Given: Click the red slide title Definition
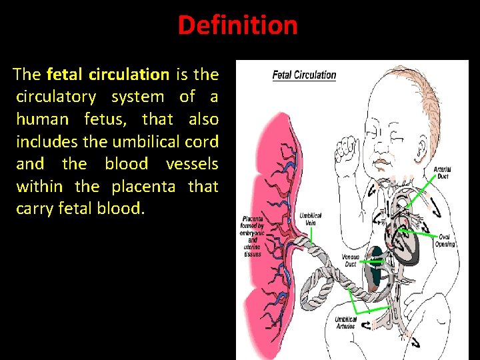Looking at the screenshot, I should tap(237, 25).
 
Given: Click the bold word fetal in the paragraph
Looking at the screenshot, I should tap(65, 74).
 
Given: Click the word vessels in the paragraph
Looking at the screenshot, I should tap(192, 164).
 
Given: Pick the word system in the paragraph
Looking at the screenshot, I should tap(137, 97).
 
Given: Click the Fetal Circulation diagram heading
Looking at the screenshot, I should tap(304, 75).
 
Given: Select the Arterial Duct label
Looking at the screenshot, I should tap(443, 173).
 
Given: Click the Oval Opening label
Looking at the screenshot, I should tap(446, 240).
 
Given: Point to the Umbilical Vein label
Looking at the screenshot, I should tap(311, 219).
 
